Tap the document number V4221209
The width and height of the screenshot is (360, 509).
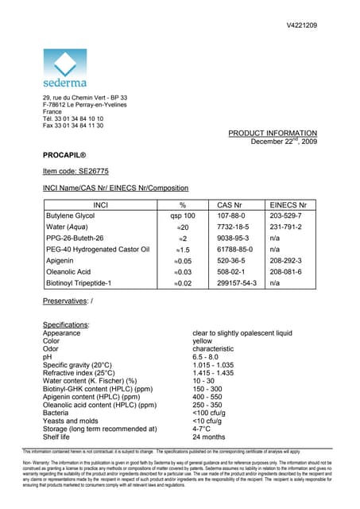[302, 26]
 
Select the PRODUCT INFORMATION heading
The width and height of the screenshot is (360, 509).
[273, 133]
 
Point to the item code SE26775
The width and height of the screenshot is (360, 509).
[76, 172]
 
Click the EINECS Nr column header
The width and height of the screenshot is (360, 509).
[288, 205]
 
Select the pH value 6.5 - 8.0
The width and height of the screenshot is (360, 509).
[209, 358]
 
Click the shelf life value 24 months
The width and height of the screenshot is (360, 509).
[210, 437]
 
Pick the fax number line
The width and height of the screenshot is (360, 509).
[73, 126]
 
